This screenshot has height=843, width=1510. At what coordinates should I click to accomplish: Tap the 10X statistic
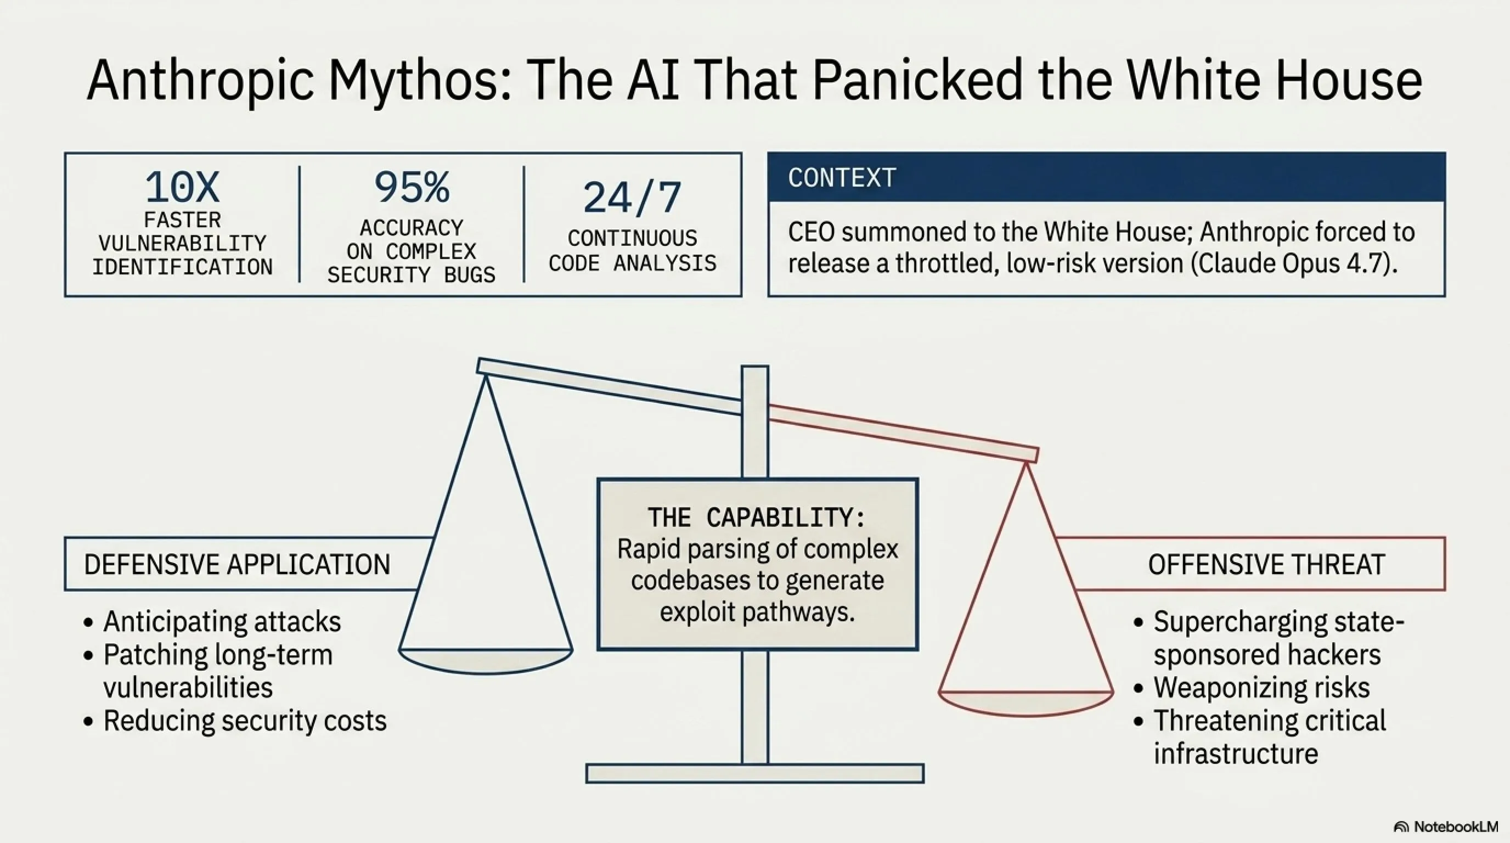coord(182,188)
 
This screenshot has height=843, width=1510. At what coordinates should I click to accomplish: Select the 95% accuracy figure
coord(412,188)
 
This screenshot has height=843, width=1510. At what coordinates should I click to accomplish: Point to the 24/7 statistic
coord(632,198)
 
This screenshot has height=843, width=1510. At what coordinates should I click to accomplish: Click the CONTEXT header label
coord(842,178)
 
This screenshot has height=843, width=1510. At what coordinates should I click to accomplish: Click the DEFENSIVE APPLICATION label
coord(237,565)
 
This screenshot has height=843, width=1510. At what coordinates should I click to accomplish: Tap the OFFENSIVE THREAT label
coord(1266,565)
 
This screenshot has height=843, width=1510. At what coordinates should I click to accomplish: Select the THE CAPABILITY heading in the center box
coord(756,518)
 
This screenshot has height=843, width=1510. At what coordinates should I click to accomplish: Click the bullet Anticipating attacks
coord(222,621)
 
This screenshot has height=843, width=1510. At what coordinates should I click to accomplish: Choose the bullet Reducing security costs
coord(244,721)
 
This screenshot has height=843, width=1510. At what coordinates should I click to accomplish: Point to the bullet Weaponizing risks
coord(1261,688)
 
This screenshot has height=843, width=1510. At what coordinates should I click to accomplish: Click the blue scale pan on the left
coord(486,660)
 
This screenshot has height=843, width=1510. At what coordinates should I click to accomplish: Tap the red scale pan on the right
coord(1026,702)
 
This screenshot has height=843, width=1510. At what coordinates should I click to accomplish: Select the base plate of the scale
coord(755,773)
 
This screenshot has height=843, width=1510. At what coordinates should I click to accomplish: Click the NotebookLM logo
coord(1447,827)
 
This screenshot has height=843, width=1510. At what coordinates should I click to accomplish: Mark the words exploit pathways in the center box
coord(756,612)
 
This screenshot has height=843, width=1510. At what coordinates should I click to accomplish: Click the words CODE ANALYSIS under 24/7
coord(632,263)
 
